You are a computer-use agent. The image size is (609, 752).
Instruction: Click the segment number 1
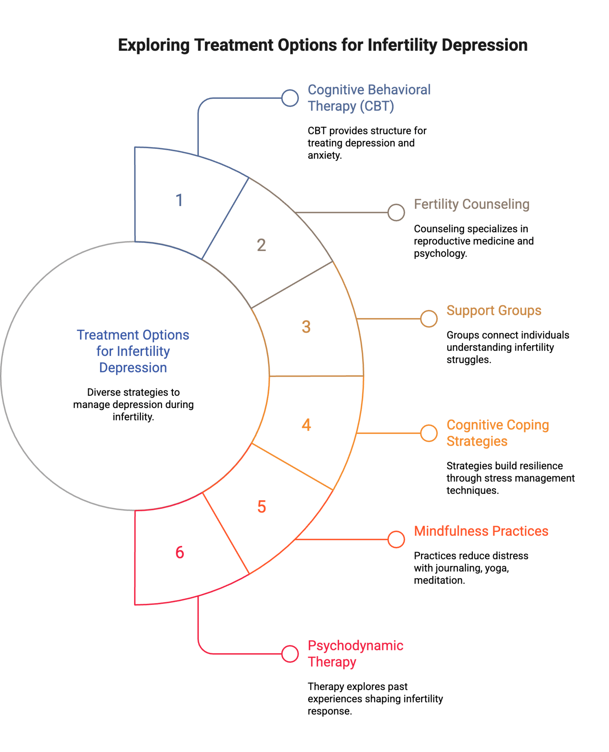[x=179, y=200]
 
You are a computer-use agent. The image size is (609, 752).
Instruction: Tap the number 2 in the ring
[x=261, y=245]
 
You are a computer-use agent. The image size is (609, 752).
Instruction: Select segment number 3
[x=306, y=327]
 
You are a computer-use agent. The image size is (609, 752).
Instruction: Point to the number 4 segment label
[x=306, y=425]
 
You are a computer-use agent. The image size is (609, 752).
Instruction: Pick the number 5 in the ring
[x=262, y=507]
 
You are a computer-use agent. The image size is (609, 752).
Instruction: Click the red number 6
[x=180, y=552]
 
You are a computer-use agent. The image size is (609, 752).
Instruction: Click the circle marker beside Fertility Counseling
[x=396, y=212]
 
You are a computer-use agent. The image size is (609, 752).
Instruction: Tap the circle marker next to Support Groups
[x=429, y=319]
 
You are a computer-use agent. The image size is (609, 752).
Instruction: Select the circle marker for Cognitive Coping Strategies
[x=429, y=433]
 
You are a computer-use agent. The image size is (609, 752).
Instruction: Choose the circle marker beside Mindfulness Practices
[x=396, y=539]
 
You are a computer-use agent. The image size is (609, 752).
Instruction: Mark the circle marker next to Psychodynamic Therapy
[x=290, y=654]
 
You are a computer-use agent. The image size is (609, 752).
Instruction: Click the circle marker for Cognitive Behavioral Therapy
[x=290, y=98]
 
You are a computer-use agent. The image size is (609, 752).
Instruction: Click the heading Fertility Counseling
[x=472, y=204]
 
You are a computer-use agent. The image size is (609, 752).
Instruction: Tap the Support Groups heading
[x=493, y=311]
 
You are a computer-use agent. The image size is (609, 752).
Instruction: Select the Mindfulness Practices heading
[x=481, y=531]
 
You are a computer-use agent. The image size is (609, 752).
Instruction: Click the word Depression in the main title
[x=484, y=45]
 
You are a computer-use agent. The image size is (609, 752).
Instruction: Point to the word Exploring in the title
[x=154, y=45]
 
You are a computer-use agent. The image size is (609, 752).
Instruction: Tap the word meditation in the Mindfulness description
[x=439, y=580]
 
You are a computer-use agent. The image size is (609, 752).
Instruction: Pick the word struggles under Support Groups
[x=469, y=360]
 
